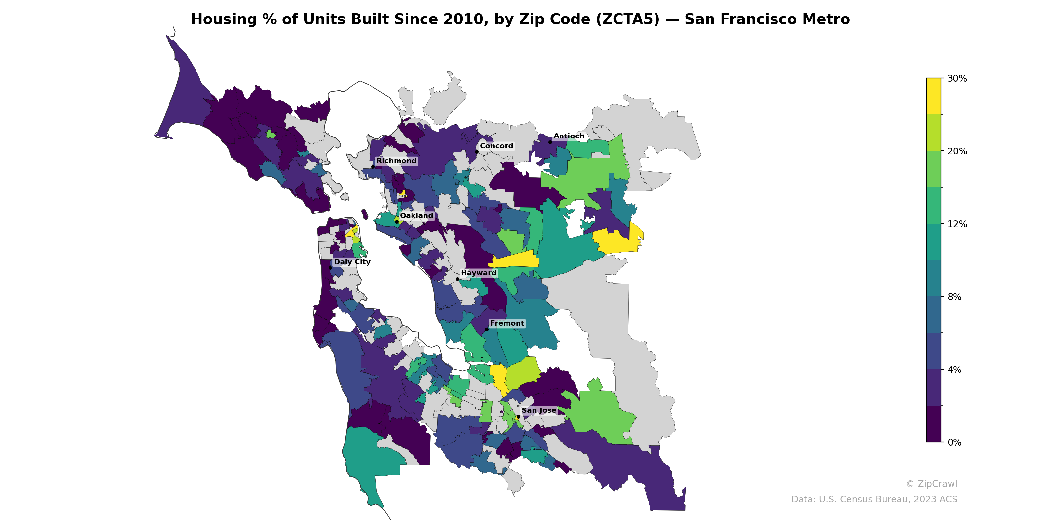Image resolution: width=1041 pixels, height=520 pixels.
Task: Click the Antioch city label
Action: click(x=569, y=136)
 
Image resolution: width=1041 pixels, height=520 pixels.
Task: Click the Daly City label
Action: click(x=352, y=262)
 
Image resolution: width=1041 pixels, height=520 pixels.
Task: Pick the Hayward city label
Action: click(x=479, y=273)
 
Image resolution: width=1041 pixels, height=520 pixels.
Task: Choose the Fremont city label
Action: click(x=507, y=324)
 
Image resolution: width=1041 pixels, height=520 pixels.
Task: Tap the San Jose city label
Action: click(x=539, y=410)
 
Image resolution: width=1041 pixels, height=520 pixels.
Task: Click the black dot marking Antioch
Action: click(x=550, y=142)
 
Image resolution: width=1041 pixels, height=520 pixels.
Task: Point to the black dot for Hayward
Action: click(x=457, y=279)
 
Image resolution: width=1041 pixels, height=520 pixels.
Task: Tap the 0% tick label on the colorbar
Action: click(x=954, y=442)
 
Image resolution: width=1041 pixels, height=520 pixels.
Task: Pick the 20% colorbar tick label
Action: click(x=956, y=151)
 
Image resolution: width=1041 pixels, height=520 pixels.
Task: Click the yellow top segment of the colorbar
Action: click(x=934, y=96)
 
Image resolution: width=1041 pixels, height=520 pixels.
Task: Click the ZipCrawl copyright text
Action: click(x=931, y=484)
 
